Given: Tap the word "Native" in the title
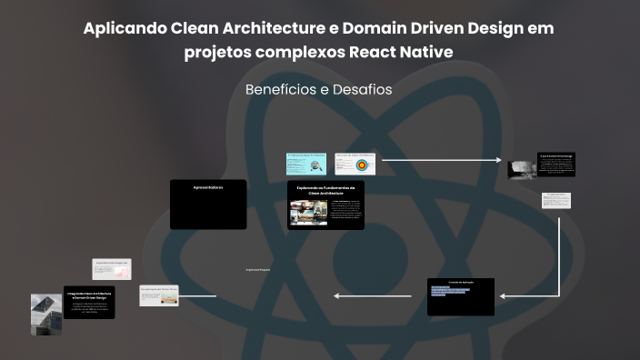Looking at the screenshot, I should (x=422, y=52).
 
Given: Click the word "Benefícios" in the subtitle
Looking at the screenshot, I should (x=279, y=90).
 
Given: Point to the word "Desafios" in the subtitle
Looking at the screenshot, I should (x=362, y=90).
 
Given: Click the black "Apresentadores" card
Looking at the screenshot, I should (x=208, y=204).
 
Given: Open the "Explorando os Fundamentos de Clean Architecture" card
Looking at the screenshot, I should (x=325, y=205).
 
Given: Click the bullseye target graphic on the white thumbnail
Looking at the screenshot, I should (x=362, y=165).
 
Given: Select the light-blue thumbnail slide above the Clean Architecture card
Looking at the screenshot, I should (x=305, y=163).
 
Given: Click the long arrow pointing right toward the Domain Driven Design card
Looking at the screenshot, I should (x=441, y=160).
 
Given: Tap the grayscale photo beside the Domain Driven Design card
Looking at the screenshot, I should (x=521, y=169).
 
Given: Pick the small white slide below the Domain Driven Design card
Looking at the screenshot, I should (x=557, y=200).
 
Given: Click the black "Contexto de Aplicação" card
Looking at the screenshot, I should (x=460, y=296).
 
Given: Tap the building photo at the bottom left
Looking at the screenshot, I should (x=45, y=314).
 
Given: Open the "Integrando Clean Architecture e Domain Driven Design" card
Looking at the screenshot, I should (x=88, y=305).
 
